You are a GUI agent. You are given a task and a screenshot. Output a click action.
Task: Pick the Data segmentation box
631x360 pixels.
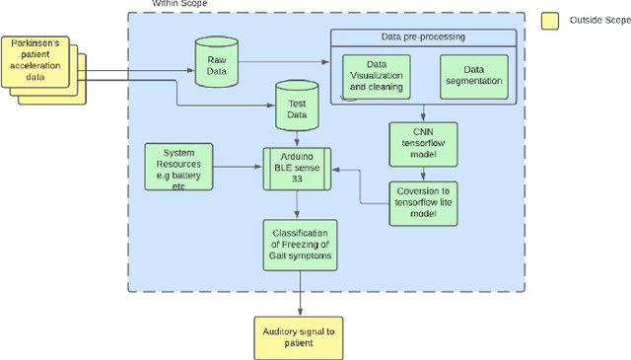(475, 76)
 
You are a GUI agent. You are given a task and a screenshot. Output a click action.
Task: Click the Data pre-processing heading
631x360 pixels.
(423, 37)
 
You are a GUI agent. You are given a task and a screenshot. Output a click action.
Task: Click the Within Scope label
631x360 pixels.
(177, 5)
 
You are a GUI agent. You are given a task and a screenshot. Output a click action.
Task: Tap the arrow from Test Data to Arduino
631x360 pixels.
(297, 140)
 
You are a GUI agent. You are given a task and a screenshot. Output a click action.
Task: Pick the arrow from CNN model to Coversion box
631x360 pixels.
(423, 170)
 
